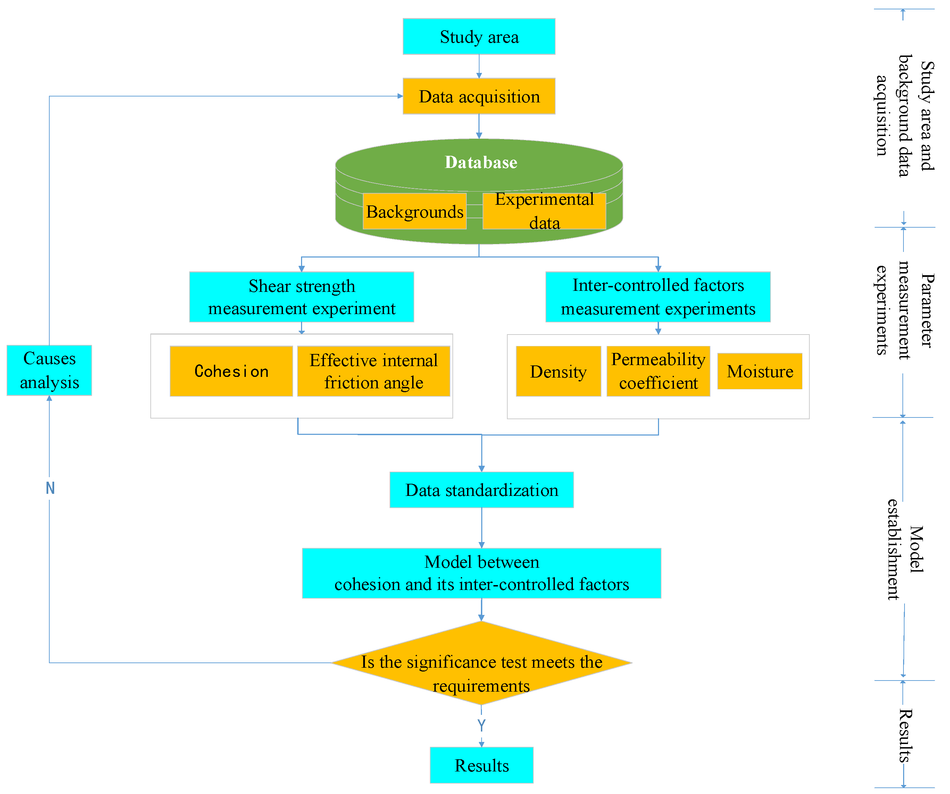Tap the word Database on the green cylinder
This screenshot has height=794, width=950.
(481, 162)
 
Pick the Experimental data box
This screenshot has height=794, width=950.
(544, 211)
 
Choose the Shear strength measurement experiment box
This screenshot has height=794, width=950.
(301, 297)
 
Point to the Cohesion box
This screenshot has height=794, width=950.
(231, 371)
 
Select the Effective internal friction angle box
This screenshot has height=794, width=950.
(373, 371)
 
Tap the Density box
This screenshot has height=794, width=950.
(558, 371)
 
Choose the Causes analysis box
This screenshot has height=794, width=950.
(49, 370)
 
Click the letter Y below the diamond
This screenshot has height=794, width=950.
(481, 725)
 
